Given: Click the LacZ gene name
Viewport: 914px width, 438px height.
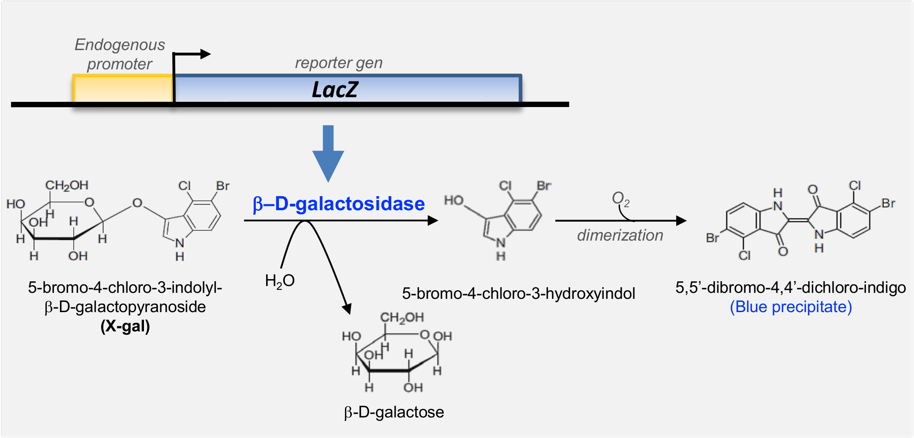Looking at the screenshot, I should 335,90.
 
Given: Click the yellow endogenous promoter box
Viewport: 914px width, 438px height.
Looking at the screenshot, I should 123,89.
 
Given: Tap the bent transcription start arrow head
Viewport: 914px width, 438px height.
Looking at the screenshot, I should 206,54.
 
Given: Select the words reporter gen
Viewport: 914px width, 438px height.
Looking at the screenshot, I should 339,63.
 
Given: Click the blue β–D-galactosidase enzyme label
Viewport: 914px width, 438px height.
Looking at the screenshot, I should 339,204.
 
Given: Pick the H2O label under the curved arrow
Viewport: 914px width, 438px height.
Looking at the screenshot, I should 280,281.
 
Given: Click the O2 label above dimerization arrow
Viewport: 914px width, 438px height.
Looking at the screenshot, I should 620,199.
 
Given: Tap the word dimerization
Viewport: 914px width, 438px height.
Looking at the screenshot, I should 620,235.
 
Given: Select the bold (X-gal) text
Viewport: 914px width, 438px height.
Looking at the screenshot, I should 125,326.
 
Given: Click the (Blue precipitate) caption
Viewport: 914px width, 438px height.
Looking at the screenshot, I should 791,307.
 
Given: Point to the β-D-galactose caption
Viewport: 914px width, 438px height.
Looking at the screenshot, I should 394,412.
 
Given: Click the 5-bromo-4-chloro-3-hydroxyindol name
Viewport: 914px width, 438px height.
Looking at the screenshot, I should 518,294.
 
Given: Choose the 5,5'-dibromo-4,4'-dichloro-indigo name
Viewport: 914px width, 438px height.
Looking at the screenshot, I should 791,287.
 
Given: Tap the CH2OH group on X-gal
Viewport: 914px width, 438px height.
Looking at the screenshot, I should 66,185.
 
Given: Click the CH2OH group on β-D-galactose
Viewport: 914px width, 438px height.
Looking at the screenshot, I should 402,317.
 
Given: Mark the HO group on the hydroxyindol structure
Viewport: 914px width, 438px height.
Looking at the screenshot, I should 454,200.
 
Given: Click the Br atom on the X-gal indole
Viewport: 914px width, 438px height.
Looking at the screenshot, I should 223,186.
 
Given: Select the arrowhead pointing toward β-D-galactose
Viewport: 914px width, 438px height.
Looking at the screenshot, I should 347,308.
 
